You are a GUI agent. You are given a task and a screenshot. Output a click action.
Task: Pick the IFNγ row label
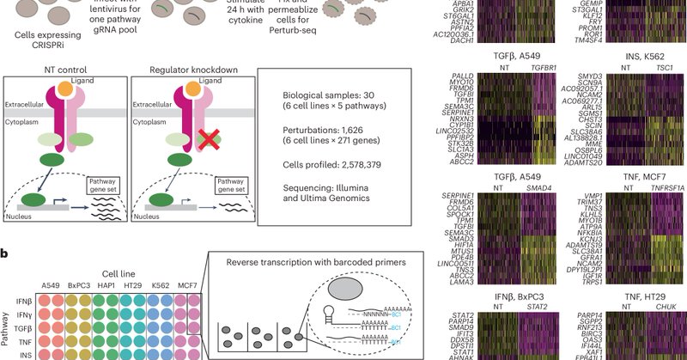point(25,315)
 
